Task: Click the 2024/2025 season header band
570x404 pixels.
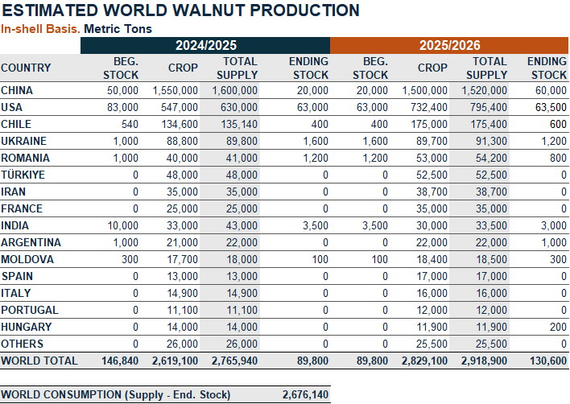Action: pos(204,46)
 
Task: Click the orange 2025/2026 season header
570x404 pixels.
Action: pos(449,46)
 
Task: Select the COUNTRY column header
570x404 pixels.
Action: pos(26,68)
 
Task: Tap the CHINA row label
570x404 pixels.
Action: pos(17,91)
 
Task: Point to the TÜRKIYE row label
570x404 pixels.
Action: pos(23,175)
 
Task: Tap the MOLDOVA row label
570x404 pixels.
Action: pos(27,259)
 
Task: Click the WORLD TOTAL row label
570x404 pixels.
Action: pos(39,361)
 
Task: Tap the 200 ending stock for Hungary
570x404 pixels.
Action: pos(557,327)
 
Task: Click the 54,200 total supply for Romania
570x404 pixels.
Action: pos(489,158)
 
